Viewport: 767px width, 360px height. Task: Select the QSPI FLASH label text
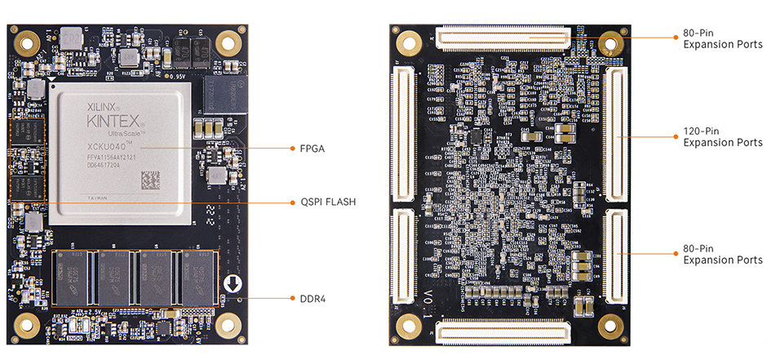click(327, 202)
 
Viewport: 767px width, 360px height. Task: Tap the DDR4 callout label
click(313, 299)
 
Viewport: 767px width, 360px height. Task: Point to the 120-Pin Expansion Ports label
click(722, 136)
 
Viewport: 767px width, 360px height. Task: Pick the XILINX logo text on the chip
click(104, 106)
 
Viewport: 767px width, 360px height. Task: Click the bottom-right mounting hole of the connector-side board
click(610, 326)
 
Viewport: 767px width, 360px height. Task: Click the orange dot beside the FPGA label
click(292, 149)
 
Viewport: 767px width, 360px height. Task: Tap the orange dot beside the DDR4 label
click(292, 299)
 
